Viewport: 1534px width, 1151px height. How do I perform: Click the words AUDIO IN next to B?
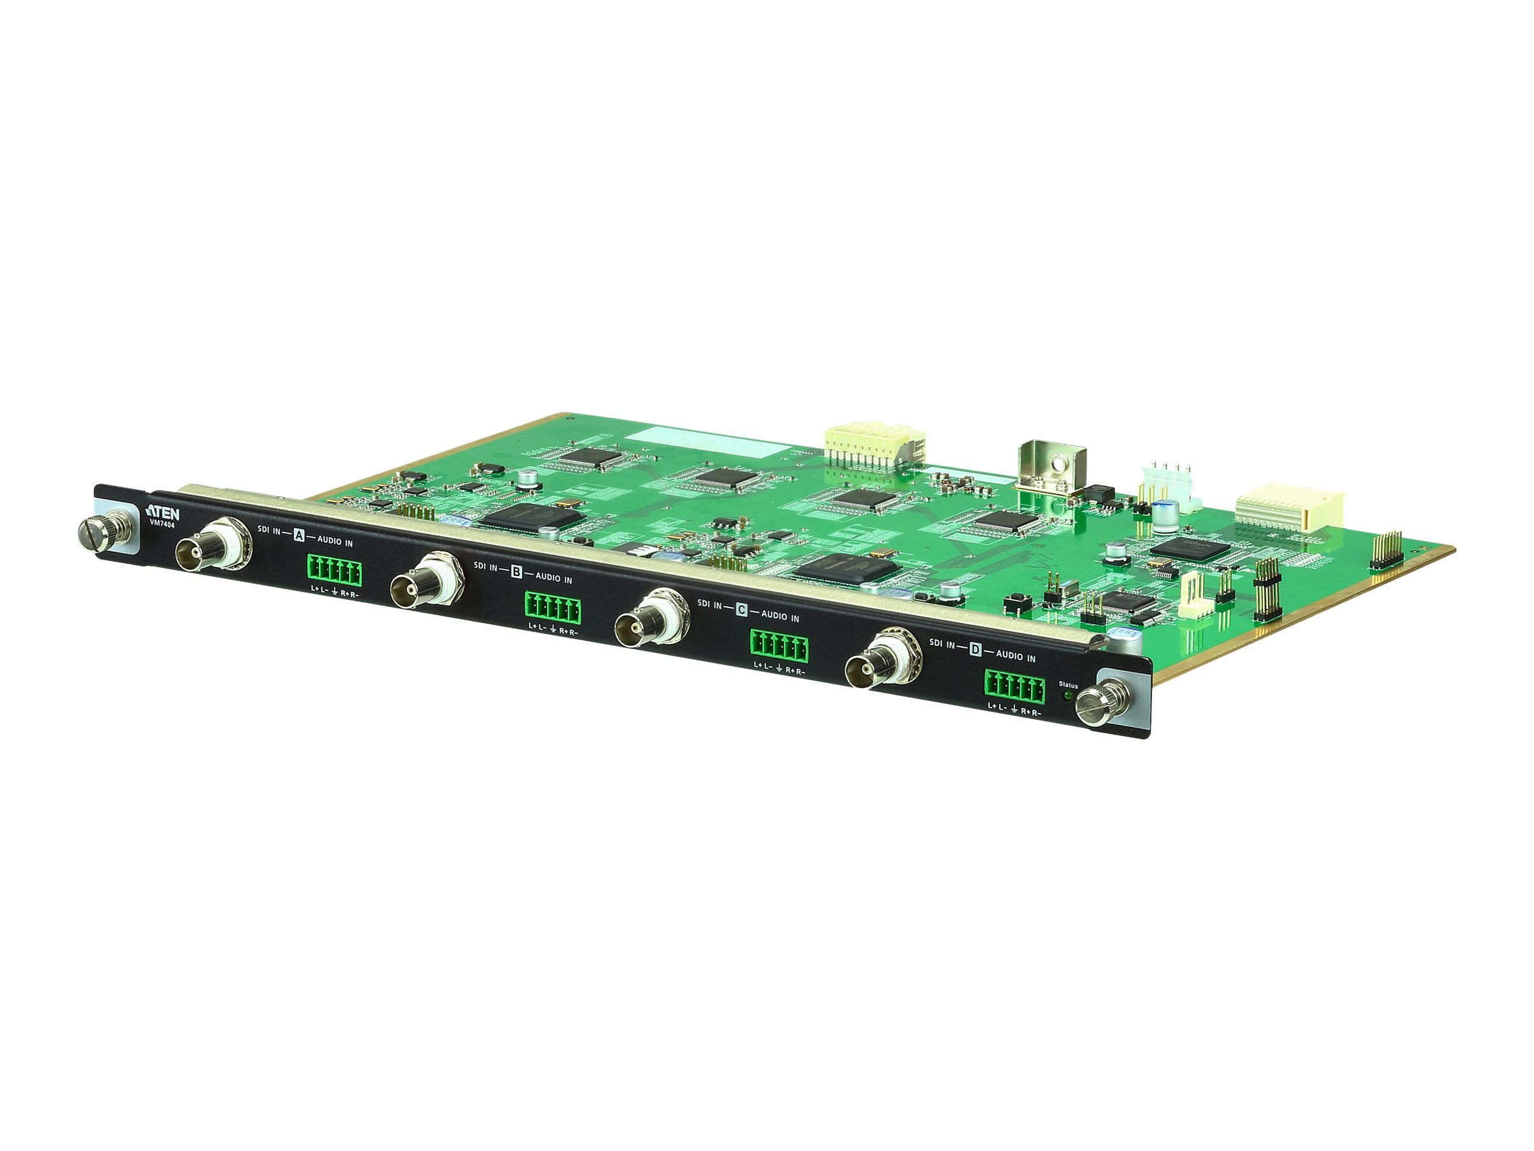[x=554, y=578]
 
